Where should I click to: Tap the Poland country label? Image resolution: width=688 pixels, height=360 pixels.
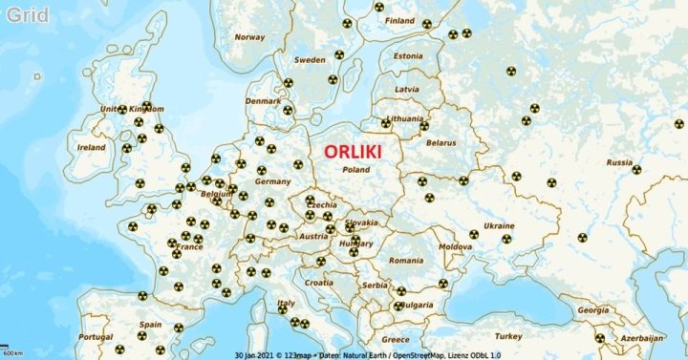(355, 170)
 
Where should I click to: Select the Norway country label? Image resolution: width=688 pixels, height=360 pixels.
(249, 37)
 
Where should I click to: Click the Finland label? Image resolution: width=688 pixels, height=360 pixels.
(399, 21)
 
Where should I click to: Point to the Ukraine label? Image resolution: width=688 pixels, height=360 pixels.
(499, 226)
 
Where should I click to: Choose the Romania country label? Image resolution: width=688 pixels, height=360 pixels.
(405, 261)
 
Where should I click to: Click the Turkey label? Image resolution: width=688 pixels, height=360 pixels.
(508, 336)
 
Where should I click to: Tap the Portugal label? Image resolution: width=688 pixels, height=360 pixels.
(96, 337)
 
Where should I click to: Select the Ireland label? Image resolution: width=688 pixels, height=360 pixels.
(92, 148)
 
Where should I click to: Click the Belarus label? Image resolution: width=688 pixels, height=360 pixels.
(441, 143)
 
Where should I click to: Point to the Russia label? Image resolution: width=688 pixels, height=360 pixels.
(619, 162)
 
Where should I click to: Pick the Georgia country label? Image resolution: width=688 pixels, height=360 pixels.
(592, 310)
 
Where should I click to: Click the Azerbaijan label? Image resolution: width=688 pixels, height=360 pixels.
(641, 338)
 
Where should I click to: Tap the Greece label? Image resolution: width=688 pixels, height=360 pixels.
(396, 339)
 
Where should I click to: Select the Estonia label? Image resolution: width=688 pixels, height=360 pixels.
(408, 55)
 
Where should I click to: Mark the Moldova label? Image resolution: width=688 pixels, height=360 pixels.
(455, 246)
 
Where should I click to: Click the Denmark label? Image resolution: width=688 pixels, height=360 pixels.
(263, 100)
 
